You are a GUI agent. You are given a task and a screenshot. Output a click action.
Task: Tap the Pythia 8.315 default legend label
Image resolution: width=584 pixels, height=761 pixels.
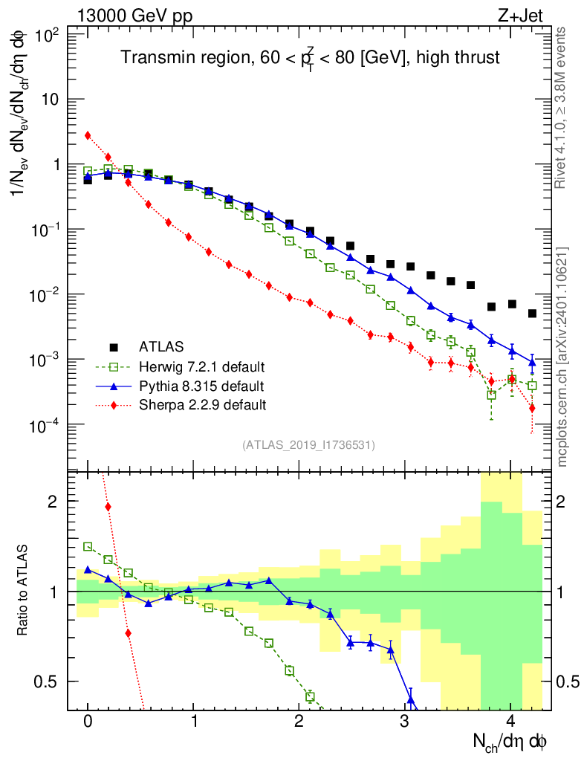[201, 386]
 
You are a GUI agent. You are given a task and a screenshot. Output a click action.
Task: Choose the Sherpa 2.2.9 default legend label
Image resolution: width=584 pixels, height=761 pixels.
[202, 405]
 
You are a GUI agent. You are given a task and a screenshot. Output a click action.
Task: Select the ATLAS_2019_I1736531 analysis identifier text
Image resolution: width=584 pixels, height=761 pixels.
[308, 445]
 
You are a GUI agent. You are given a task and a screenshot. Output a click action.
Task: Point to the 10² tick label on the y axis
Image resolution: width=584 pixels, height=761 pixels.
[48, 35]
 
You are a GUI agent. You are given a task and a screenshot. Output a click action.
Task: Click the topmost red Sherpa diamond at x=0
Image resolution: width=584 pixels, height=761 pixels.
[88, 135]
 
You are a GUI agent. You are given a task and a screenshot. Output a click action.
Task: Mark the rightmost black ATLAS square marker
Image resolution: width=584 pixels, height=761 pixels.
[532, 314]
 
